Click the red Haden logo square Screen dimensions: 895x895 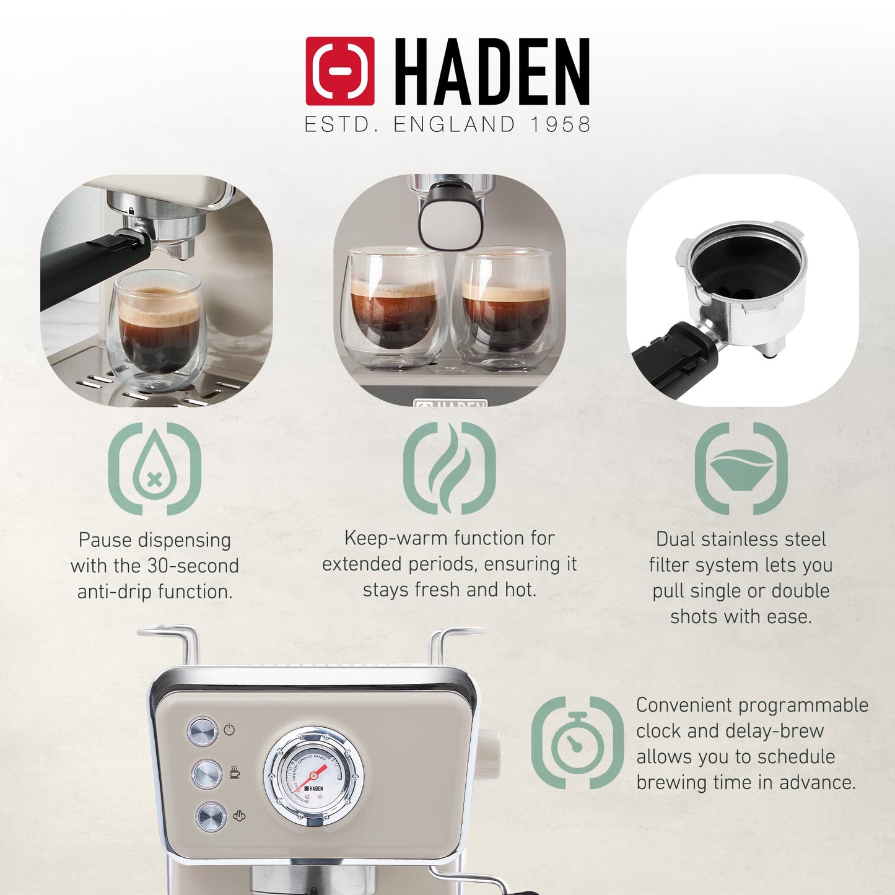tap(339, 71)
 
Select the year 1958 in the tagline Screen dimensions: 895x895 tap(560, 124)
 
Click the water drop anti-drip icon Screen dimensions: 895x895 tap(155, 468)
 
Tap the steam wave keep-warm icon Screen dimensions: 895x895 tap(449, 468)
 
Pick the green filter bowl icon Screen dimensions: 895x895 tap(741, 468)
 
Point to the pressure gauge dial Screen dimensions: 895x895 tap(314, 777)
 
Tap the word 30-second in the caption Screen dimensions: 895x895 tap(193, 565)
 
